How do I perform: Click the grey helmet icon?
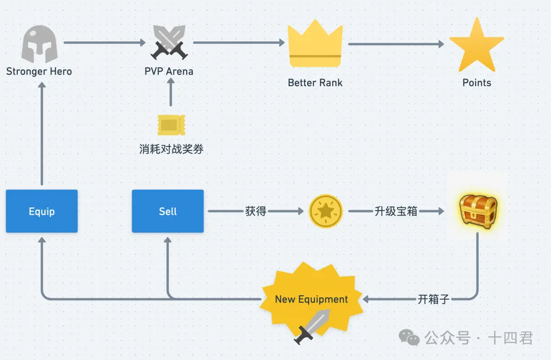coord(39,44)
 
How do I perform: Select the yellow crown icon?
coord(314,45)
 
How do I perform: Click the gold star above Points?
coord(477,46)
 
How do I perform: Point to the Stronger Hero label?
coord(39,71)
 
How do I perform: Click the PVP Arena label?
coord(169,71)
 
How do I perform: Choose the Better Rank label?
coord(315,83)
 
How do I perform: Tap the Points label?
coord(477,83)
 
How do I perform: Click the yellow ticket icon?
coord(171,125)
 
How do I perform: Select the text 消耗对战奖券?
coord(171,149)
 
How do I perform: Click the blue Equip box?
coord(42,211)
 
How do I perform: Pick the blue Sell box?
coord(168,211)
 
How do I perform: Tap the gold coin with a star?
coord(326,211)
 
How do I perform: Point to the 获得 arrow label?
coord(256,211)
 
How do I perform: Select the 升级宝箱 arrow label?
coord(396,211)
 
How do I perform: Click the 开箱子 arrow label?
coord(433,299)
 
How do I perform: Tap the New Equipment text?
coord(311,299)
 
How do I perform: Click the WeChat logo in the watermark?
coord(409,337)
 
